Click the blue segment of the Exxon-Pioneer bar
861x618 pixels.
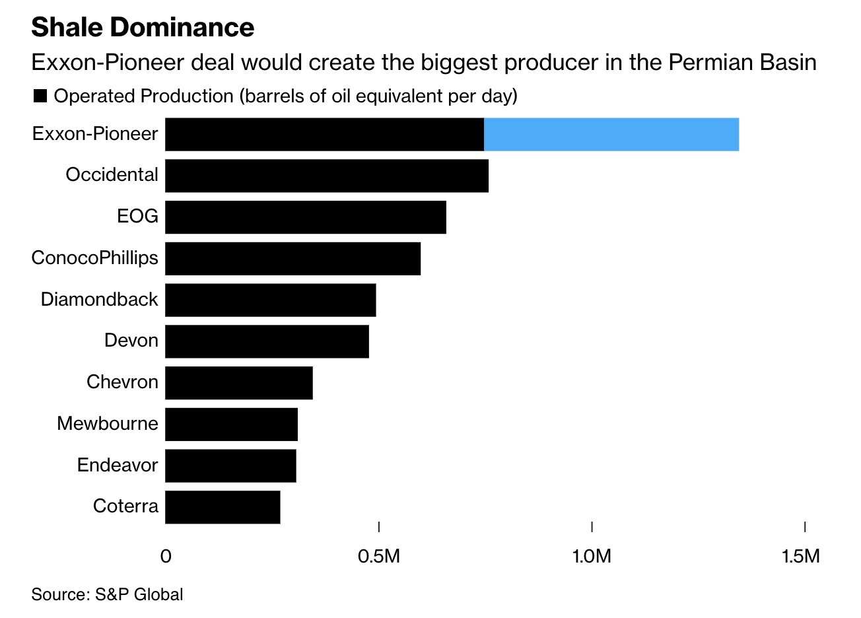point(611,135)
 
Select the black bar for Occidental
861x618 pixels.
point(327,176)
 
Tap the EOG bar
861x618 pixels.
point(306,217)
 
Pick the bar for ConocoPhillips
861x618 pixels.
point(293,259)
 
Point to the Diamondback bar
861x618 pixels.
point(271,300)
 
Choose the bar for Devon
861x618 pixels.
point(267,341)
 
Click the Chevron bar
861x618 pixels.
point(239,383)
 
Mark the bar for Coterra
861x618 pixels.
point(223,507)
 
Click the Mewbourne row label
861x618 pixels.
point(108,423)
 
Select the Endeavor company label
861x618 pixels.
point(118,465)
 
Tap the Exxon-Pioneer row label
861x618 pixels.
point(95,134)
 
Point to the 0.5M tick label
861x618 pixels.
point(378,556)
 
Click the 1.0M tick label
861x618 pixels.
point(592,556)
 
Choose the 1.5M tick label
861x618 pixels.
point(801,556)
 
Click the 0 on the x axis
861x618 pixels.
point(166,556)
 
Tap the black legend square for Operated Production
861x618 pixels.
point(40,96)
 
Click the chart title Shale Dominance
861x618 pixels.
point(143,27)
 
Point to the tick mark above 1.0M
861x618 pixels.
point(592,526)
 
